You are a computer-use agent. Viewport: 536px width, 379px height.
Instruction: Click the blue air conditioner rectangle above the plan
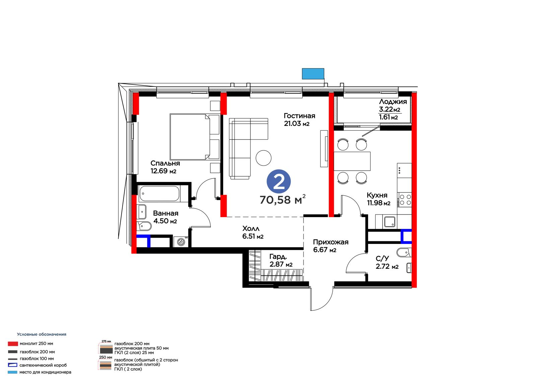(313, 74)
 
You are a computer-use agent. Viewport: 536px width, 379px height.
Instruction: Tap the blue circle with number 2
(279, 182)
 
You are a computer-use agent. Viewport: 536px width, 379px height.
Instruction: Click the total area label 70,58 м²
(283, 199)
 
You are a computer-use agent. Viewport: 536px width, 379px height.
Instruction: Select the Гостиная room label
(299, 116)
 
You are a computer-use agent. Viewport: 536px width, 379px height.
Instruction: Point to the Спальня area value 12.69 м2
(163, 171)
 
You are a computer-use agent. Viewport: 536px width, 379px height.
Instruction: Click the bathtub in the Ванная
(159, 193)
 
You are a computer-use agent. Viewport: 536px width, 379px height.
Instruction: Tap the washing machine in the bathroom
(181, 242)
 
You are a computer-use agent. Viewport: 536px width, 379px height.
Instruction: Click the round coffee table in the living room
(263, 158)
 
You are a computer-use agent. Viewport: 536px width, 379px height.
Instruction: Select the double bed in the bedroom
(195, 137)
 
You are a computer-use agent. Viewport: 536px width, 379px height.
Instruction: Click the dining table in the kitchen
(352, 161)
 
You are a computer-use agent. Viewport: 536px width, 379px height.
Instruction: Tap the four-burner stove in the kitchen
(404, 200)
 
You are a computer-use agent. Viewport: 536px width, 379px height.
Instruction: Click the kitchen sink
(390, 222)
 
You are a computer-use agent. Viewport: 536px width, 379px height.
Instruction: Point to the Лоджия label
(393, 102)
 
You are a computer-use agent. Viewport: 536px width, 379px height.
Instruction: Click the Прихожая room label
(331, 242)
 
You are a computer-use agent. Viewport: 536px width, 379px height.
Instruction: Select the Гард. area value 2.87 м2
(281, 264)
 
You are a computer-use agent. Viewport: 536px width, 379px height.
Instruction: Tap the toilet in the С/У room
(404, 252)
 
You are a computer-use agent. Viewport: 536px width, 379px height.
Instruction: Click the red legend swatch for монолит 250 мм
(13, 344)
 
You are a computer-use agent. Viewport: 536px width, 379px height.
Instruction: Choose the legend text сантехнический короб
(43, 365)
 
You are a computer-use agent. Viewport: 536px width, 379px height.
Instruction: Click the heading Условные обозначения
(42, 334)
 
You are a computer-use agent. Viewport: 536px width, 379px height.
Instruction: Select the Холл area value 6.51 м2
(253, 236)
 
